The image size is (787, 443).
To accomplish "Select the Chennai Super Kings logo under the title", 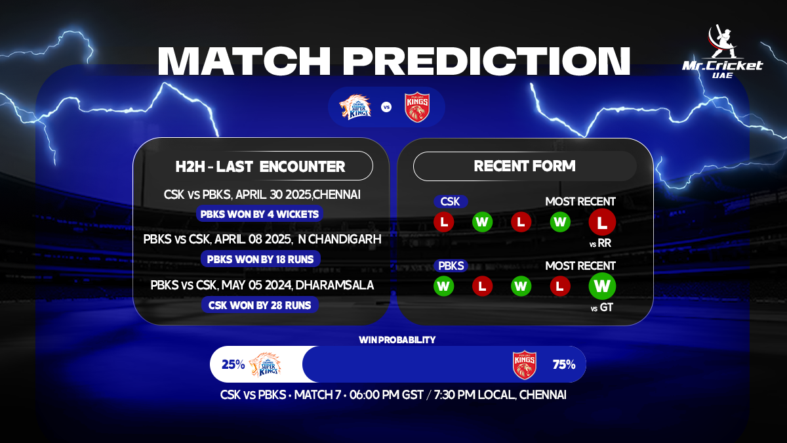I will coord(355,107).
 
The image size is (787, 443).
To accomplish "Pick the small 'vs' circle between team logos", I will coord(386,107).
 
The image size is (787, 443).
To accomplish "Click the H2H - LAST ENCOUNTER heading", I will coord(260,166).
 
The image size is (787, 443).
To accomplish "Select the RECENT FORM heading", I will coord(525,166).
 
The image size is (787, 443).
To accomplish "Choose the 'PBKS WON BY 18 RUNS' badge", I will coord(260,259).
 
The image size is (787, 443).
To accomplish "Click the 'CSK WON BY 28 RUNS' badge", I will coord(260,305).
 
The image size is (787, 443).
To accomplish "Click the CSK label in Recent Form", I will coord(450,201).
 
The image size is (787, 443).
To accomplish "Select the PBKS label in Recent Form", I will coord(451,266).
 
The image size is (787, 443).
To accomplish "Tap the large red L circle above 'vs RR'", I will coord(601,222).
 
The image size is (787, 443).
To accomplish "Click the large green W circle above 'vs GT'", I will coord(601,287).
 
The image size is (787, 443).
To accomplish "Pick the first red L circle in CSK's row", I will coord(444,222).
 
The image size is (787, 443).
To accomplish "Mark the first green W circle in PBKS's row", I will coord(444,287).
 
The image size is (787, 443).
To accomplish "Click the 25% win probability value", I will coord(233,364).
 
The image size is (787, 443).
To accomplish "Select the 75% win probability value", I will coord(563,364).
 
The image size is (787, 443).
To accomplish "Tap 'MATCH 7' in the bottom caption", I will coord(318,395).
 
